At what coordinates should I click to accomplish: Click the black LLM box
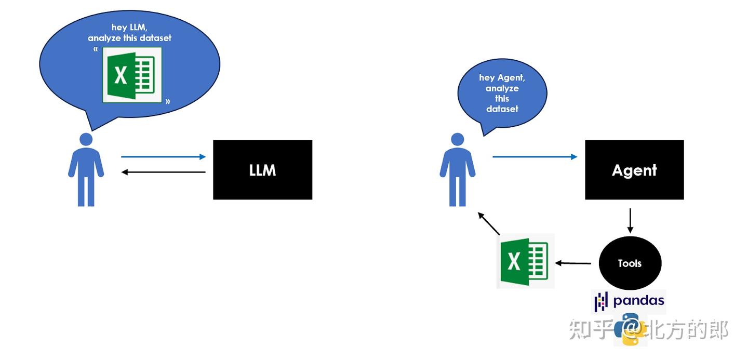click(262, 170)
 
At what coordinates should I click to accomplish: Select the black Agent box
click(634, 170)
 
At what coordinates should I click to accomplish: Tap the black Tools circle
click(630, 263)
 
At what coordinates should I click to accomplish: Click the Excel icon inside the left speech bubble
click(132, 75)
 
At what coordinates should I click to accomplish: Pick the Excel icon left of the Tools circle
click(525, 261)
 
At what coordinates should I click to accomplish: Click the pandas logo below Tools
click(630, 301)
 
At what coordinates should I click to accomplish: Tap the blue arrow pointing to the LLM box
click(164, 156)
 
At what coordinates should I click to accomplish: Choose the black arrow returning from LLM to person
click(164, 172)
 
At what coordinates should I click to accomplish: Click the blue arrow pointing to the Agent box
click(535, 156)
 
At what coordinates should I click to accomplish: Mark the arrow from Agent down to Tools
click(630, 220)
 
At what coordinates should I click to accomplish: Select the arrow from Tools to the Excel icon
click(573, 263)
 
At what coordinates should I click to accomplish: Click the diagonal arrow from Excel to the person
click(489, 223)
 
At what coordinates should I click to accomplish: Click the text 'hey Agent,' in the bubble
click(502, 78)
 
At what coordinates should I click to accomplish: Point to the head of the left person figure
click(86, 139)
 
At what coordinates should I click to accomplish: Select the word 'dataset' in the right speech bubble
click(502, 109)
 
